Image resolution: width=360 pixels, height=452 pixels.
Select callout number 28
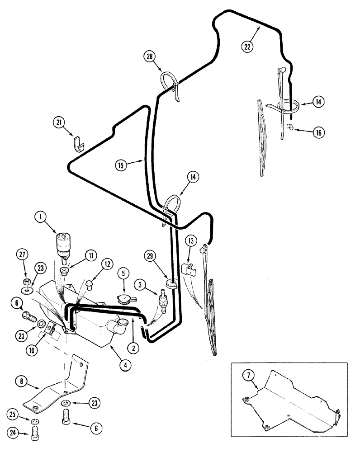coord(150,56)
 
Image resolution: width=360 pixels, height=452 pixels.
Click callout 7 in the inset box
coord(246,375)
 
